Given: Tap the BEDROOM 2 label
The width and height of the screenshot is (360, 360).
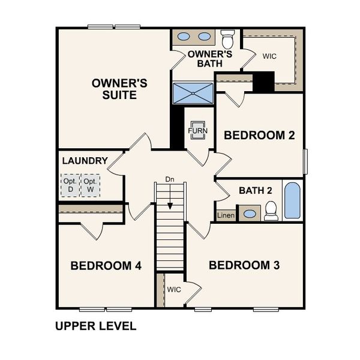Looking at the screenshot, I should [x=259, y=136].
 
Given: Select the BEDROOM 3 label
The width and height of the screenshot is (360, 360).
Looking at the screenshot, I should [x=244, y=265].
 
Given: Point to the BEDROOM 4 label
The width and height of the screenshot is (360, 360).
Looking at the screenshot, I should [x=106, y=265].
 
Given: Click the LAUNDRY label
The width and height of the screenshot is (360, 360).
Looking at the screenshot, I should [x=85, y=161].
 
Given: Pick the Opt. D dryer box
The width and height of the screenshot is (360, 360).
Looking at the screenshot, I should [x=70, y=185].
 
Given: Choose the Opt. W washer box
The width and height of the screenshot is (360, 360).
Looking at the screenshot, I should [x=91, y=185].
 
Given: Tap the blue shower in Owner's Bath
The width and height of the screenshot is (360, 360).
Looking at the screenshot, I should [x=193, y=93].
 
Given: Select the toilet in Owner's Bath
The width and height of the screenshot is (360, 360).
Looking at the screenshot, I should [x=227, y=40].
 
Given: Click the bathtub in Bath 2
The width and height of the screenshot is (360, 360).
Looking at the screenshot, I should [x=292, y=200].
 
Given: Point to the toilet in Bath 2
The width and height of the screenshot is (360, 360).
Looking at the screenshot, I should [x=271, y=210].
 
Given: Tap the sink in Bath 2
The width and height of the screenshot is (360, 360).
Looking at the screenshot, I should [x=249, y=213].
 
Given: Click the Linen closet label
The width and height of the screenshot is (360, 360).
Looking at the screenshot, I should [x=226, y=215].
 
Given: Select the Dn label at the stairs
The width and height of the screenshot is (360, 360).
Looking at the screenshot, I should [x=170, y=179].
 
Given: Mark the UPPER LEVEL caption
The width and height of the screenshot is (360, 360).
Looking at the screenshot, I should [x=96, y=326].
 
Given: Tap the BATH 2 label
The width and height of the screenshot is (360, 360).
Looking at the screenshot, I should [x=256, y=191].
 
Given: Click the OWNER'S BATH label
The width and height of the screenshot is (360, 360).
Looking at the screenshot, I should [x=205, y=59].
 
